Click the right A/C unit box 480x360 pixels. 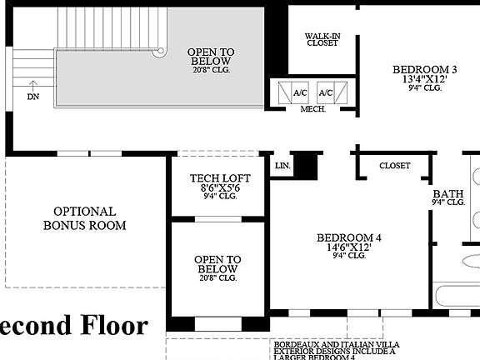[325, 93]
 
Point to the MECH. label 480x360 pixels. [312, 109]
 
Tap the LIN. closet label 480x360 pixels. [282, 166]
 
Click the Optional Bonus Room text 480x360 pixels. [85, 218]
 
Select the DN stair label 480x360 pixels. [32, 97]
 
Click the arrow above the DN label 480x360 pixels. [32, 83]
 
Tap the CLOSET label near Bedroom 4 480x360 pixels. [395, 166]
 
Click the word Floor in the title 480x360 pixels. [109, 325]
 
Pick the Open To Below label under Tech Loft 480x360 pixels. [217, 264]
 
